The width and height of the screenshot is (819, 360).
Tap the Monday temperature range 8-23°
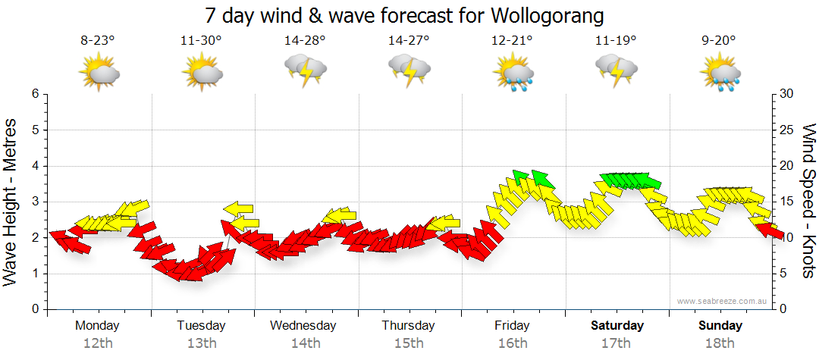pyautogui.click(x=98, y=41)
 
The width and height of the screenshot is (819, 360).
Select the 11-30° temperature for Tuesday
pyautogui.click(x=201, y=41)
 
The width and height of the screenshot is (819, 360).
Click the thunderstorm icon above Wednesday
pyautogui.click(x=305, y=73)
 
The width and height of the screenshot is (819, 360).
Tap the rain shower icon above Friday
pyautogui.click(x=513, y=74)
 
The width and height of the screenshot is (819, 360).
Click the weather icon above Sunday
pyautogui.click(x=720, y=74)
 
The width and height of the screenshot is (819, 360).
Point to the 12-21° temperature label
pyautogui.click(x=512, y=41)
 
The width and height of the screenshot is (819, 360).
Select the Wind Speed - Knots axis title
pyautogui.click(x=808, y=201)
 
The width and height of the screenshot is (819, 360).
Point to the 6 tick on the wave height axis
pyautogui.click(x=35, y=94)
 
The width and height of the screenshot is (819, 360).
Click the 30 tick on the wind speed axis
pyautogui.click(x=787, y=94)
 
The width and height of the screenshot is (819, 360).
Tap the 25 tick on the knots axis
pyautogui.click(x=787, y=130)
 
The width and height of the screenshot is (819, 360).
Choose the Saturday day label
pyautogui.click(x=617, y=326)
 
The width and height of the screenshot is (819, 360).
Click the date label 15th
pyautogui.click(x=409, y=343)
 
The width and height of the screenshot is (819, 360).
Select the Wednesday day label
pyautogui.click(x=303, y=326)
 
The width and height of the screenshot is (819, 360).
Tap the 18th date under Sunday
pyautogui.click(x=720, y=343)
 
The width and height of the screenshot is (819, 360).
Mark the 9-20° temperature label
pyautogui.click(x=719, y=41)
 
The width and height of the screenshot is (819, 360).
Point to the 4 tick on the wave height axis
pyautogui.click(x=35, y=166)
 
